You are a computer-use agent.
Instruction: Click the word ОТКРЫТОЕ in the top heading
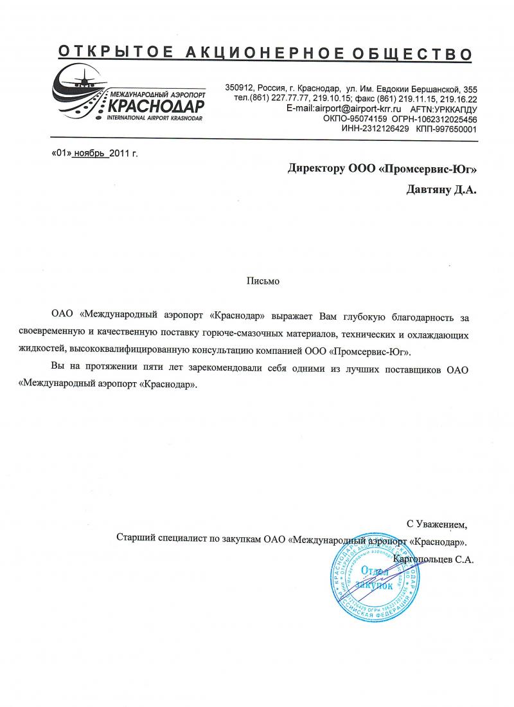pyautogui.click(x=105, y=52)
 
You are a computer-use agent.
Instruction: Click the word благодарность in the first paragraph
pyautogui.click(x=427, y=317)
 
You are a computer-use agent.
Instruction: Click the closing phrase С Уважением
pyautogui.click(x=438, y=523)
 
